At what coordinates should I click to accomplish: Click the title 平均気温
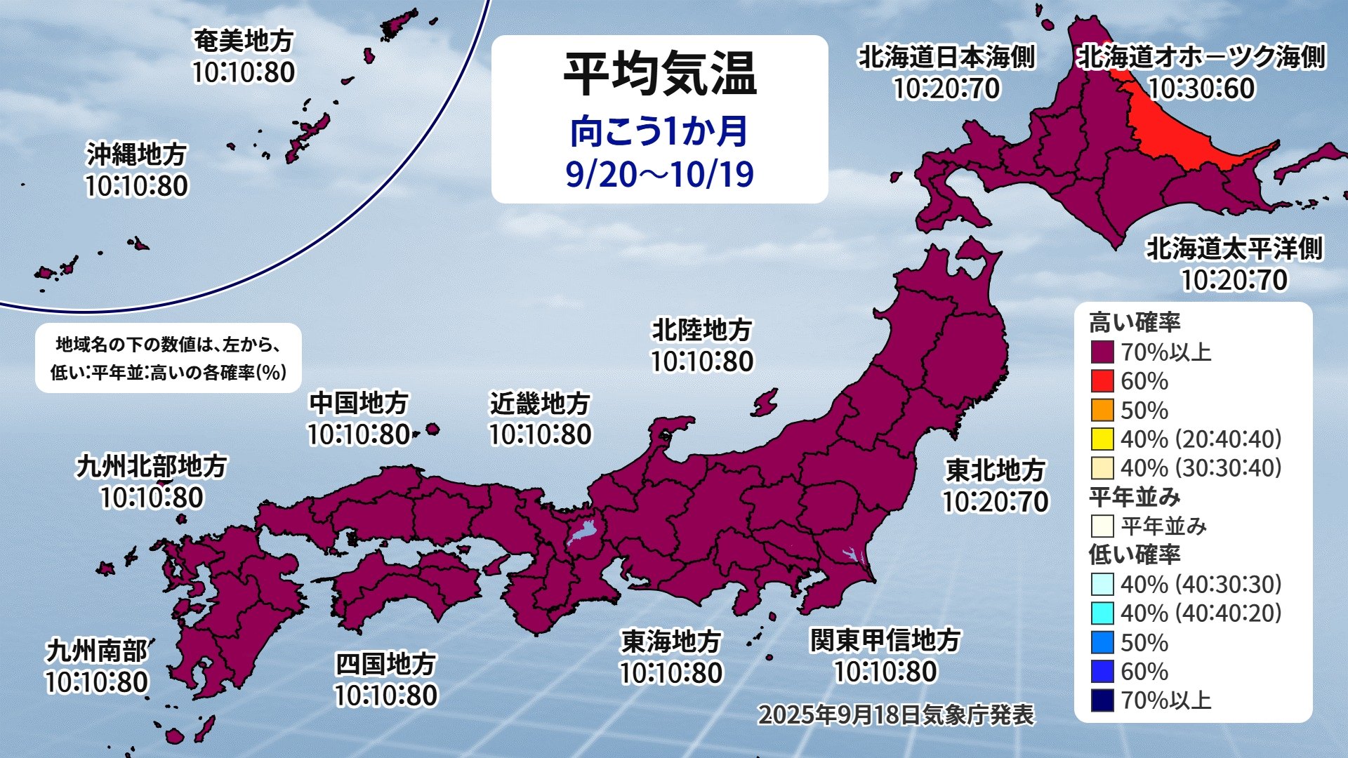(x=659, y=74)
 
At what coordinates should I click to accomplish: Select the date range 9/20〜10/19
(x=659, y=174)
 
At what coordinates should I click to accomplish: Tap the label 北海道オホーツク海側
(x=1201, y=57)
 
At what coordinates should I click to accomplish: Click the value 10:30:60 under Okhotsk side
(x=1201, y=88)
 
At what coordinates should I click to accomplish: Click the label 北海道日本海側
(x=946, y=57)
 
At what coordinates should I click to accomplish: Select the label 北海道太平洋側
(x=1234, y=248)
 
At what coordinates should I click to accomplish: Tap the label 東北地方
(x=996, y=470)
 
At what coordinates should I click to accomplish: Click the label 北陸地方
(x=702, y=329)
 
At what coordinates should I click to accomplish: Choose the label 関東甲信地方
(x=885, y=640)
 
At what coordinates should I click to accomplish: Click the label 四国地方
(x=385, y=663)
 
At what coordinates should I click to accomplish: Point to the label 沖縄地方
(x=137, y=154)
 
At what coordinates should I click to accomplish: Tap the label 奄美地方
(x=244, y=41)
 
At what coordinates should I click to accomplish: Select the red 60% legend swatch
(x=1102, y=381)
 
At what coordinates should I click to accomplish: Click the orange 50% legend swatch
(x=1102, y=410)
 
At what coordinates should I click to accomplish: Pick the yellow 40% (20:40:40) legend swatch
(x=1102, y=439)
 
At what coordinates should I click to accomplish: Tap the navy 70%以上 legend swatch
(x=1102, y=700)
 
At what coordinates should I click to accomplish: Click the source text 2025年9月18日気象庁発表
(x=896, y=714)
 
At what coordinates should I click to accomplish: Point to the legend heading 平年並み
(x=1135, y=497)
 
